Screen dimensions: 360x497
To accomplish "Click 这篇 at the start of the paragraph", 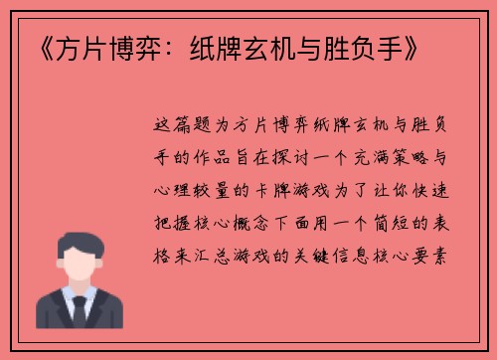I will coord(177,127).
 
